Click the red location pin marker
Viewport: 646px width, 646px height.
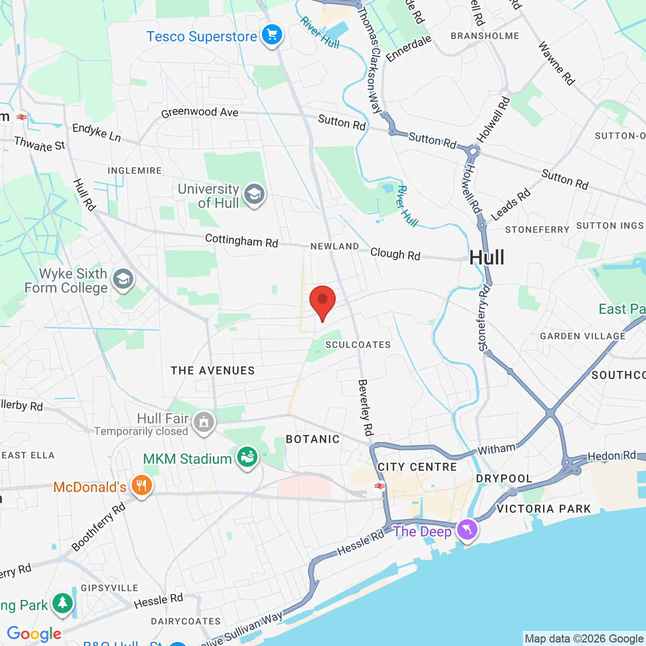tap(322, 301)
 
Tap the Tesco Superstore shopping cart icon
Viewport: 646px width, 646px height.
tap(272, 35)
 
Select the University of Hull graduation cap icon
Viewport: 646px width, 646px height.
tap(254, 194)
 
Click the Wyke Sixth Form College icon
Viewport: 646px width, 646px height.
tap(123, 279)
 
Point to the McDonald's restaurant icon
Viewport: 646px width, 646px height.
tap(141, 486)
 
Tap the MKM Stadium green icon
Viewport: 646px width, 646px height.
tap(247, 457)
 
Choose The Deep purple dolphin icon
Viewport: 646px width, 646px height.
tap(467, 530)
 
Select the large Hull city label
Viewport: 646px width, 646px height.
tap(487, 258)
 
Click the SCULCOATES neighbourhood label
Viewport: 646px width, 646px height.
tap(358, 345)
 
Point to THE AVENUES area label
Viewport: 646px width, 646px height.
tap(212, 370)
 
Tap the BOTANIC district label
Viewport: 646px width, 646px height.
tap(313, 439)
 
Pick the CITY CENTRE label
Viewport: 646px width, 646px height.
tap(417, 467)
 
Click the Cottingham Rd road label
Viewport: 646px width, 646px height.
tap(241, 240)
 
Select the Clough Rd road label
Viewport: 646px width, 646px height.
tap(395, 254)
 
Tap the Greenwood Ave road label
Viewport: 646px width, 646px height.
tap(200, 113)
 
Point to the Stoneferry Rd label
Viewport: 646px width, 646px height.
tap(483, 318)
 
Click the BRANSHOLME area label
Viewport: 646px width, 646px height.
tap(484, 36)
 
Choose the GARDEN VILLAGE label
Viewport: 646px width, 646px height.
tap(582, 336)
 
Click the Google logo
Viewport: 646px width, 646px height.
tap(34, 634)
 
